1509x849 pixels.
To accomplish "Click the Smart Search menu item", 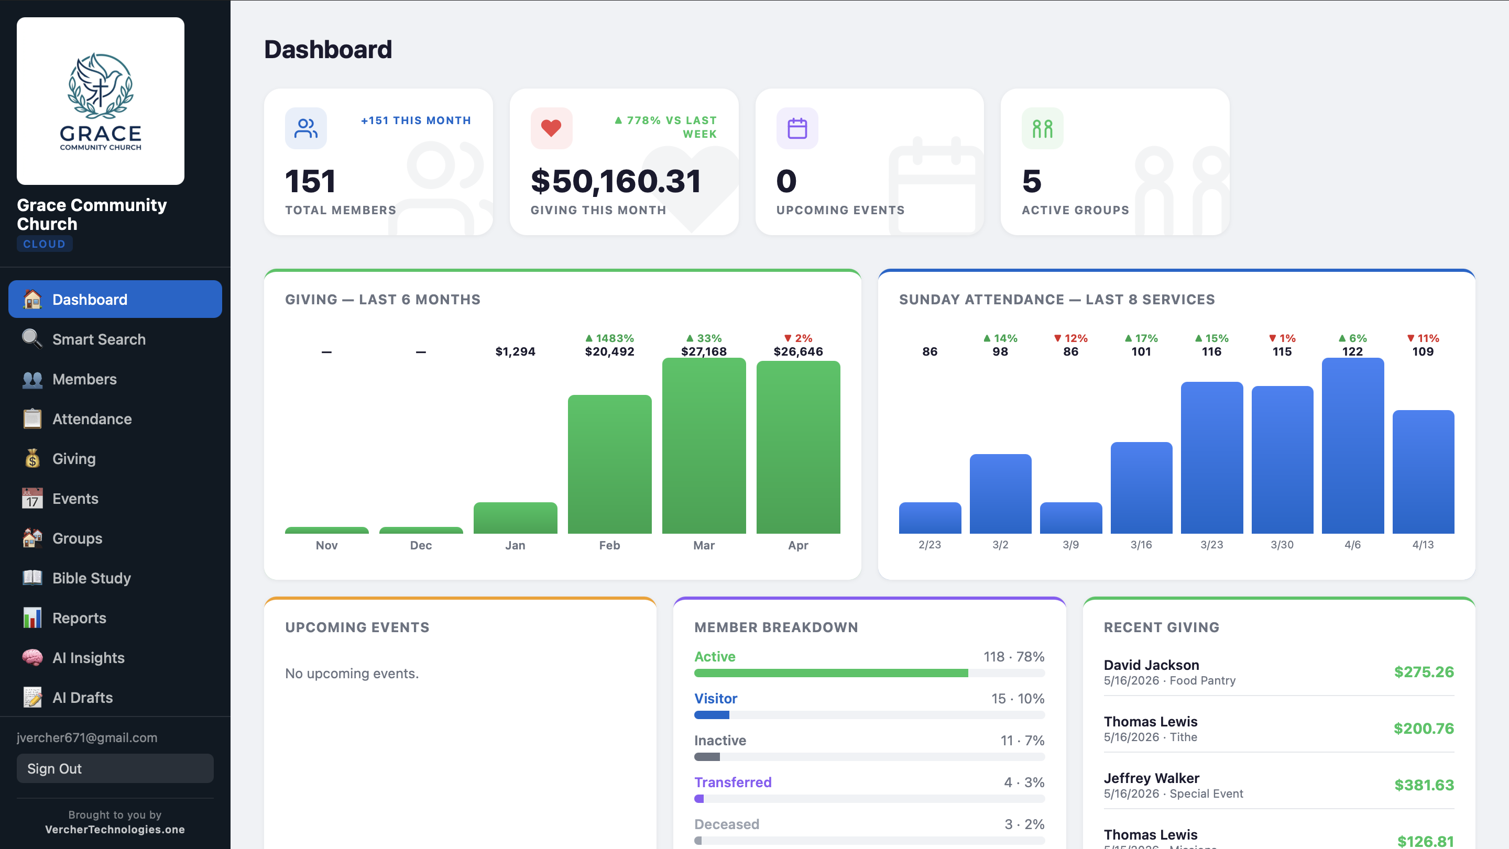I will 99,339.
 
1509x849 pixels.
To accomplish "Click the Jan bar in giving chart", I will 515,517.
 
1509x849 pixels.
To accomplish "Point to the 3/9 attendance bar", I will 1070,517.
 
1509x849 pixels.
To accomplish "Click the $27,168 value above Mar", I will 704,351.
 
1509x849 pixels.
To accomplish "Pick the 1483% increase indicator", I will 609,338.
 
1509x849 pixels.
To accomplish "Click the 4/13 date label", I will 1423,545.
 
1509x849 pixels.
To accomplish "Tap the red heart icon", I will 551,128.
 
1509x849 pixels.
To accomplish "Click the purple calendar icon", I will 796,128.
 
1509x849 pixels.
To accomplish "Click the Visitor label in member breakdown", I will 715,698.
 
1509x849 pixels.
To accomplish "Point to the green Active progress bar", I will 830,674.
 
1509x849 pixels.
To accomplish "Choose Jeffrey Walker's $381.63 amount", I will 1424,785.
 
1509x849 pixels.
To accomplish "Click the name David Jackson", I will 1151,665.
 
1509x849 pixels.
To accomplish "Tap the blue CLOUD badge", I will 45,244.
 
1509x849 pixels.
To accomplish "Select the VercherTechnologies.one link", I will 115,829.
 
